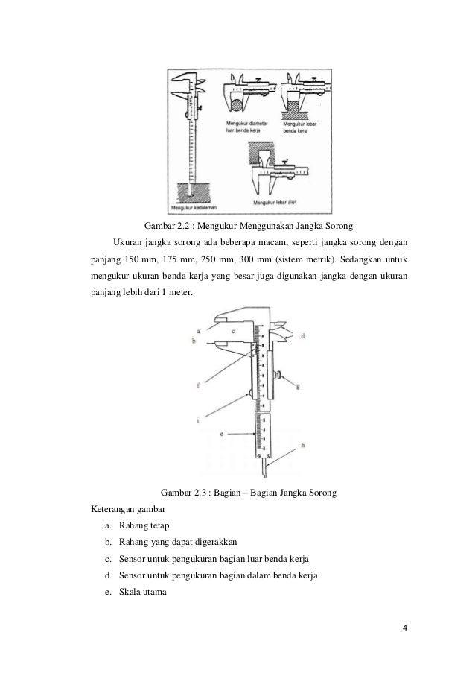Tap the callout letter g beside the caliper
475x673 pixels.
[x=297, y=386]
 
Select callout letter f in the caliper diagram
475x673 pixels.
[x=198, y=386]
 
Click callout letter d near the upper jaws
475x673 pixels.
[x=303, y=336]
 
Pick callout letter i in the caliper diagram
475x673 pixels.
[x=198, y=420]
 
